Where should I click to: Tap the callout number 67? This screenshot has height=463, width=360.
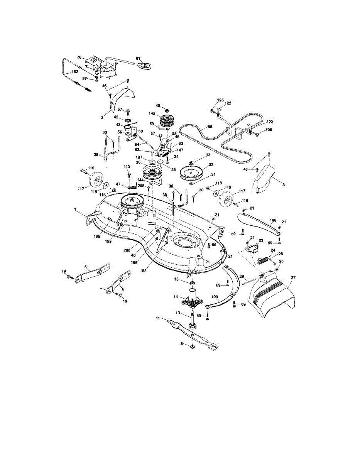coord(138,59)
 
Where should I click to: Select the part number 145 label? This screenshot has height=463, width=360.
coord(152,113)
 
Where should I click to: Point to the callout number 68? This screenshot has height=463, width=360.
coord(210,127)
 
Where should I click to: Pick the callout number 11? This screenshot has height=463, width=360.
coord(158,318)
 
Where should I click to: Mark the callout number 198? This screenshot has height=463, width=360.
coord(273,220)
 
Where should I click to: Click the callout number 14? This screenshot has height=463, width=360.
coord(176,296)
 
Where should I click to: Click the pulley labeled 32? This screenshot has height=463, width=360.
coord(192,171)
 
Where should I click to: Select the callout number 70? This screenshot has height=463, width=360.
coord(79,57)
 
